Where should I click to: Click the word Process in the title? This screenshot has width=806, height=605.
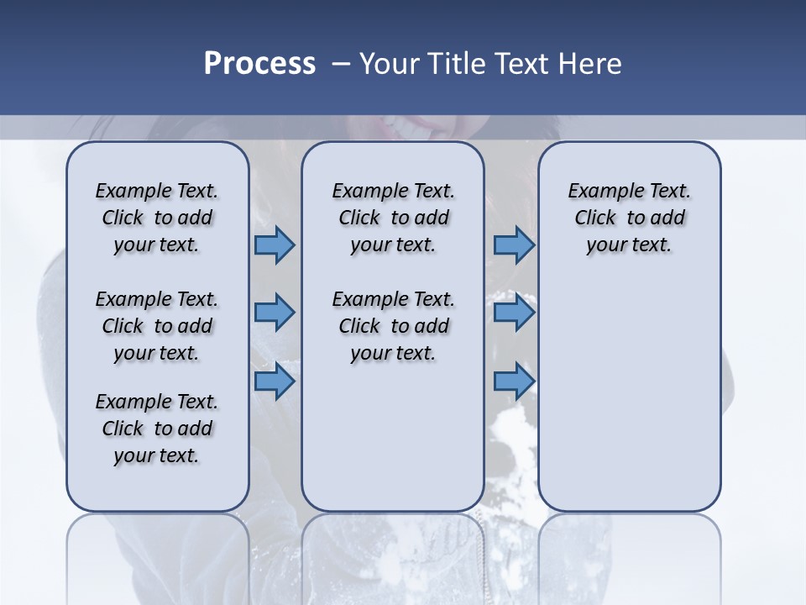(259, 64)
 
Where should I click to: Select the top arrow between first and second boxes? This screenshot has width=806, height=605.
(275, 245)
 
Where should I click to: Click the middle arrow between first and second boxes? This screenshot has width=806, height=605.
(275, 313)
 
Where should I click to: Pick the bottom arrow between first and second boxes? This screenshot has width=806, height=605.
(275, 381)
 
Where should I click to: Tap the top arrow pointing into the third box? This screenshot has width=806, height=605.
(514, 245)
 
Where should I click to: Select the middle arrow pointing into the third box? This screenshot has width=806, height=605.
(514, 313)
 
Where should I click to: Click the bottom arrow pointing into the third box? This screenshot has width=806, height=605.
(514, 381)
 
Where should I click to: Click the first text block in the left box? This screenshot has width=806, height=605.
(157, 218)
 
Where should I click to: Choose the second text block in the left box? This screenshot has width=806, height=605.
(157, 326)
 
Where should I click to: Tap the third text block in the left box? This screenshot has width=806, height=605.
(157, 429)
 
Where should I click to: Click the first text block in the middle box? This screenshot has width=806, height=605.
(393, 218)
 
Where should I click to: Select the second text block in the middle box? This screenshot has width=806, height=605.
(393, 326)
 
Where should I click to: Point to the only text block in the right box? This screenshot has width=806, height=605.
(629, 218)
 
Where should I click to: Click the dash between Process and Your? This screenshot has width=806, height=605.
(340, 64)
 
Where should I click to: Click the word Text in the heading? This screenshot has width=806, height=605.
(521, 64)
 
